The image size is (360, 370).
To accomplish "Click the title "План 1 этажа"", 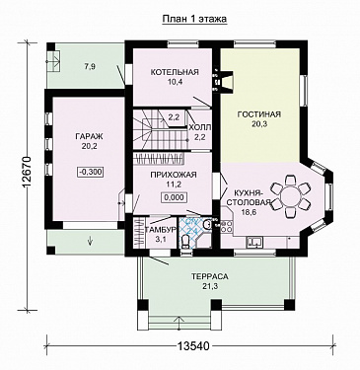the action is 194,19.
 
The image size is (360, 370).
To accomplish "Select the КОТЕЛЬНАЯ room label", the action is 175,72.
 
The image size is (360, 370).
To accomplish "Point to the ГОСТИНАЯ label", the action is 259,114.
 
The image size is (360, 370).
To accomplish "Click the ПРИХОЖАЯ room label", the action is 174,175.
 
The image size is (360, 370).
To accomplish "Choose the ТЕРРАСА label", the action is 210,276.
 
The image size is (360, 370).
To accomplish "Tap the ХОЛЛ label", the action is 200,127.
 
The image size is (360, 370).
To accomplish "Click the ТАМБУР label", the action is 161,230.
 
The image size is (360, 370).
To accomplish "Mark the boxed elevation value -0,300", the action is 91,172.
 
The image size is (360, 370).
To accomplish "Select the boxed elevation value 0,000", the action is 174,197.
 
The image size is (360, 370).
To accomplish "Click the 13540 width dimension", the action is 193,345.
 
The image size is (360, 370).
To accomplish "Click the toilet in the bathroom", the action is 185,242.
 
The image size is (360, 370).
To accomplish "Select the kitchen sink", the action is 254,242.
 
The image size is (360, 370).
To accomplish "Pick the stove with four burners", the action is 227,226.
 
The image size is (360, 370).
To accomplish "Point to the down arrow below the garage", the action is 90,241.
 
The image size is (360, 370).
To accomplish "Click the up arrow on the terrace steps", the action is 180,323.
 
